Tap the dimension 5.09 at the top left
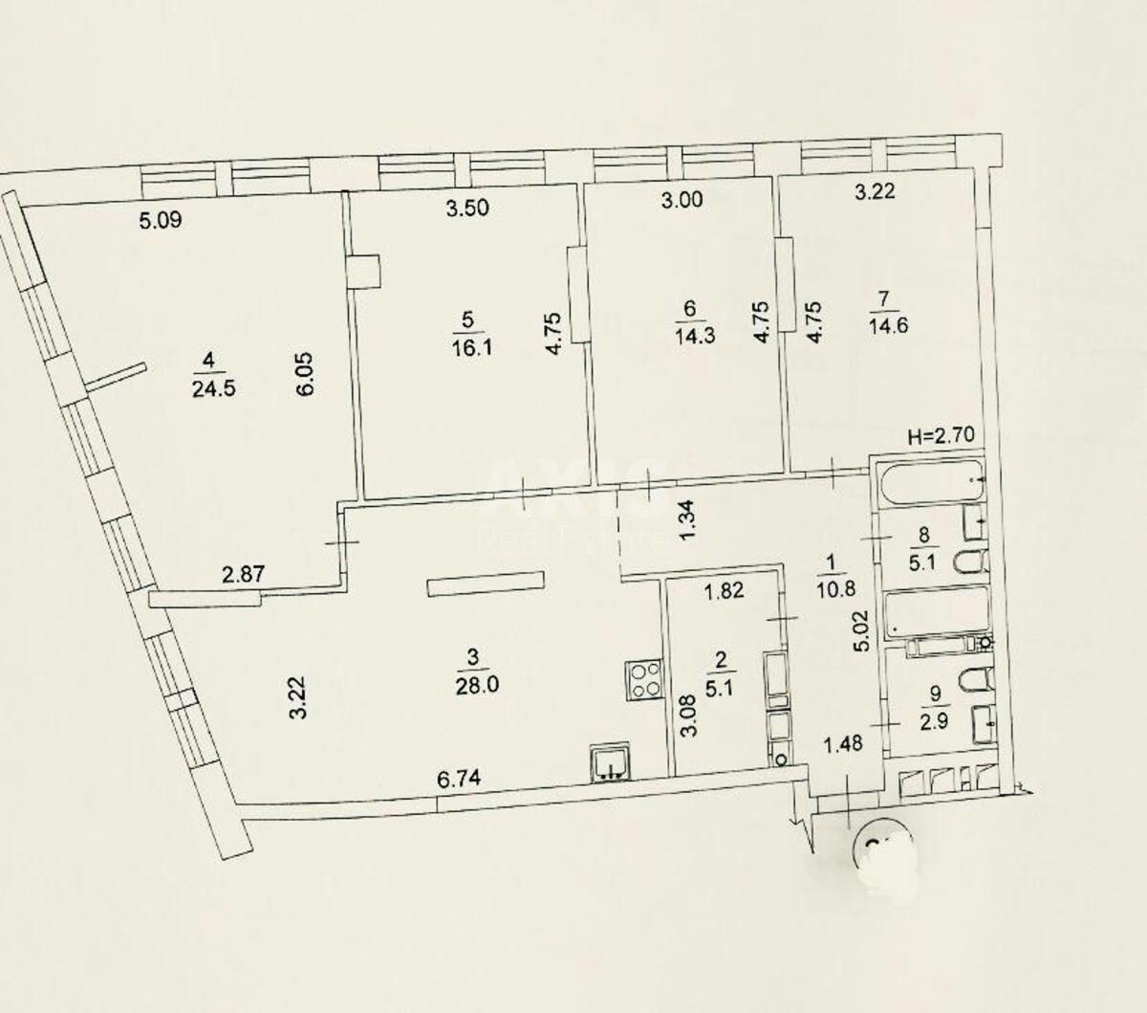pos(160,222)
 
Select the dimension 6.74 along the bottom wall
pos(458,781)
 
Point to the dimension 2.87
pos(243,575)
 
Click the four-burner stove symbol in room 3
pos(643,680)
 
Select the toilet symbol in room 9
pos(972,682)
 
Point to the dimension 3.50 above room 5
pos(468,208)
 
